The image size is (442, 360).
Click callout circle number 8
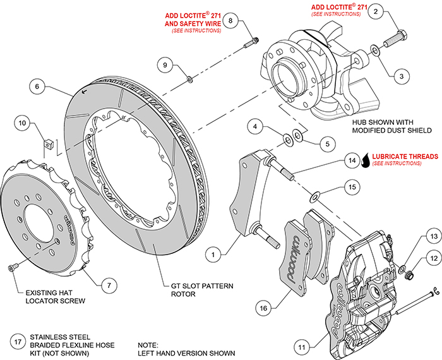tap(231, 21)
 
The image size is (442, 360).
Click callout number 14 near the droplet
tap(351, 162)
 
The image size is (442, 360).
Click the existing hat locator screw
tap(11, 270)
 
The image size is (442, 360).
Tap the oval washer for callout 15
tap(315, 193)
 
